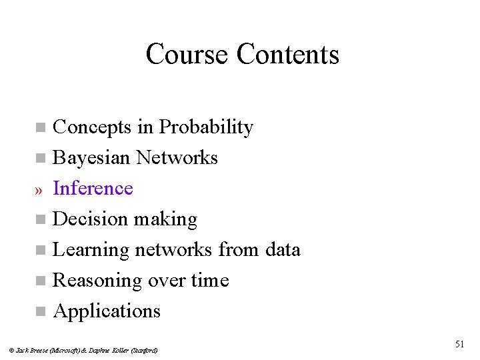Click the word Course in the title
tap(187, 54)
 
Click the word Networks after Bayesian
tap(177, 157)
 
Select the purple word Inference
tap(93, 188)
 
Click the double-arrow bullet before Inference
tap(39, 190)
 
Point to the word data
tap(282, 249)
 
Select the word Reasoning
tap(97, 281)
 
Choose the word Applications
tap(107, 311)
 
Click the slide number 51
tap(459, 344)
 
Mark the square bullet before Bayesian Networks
tap(41, 159)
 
